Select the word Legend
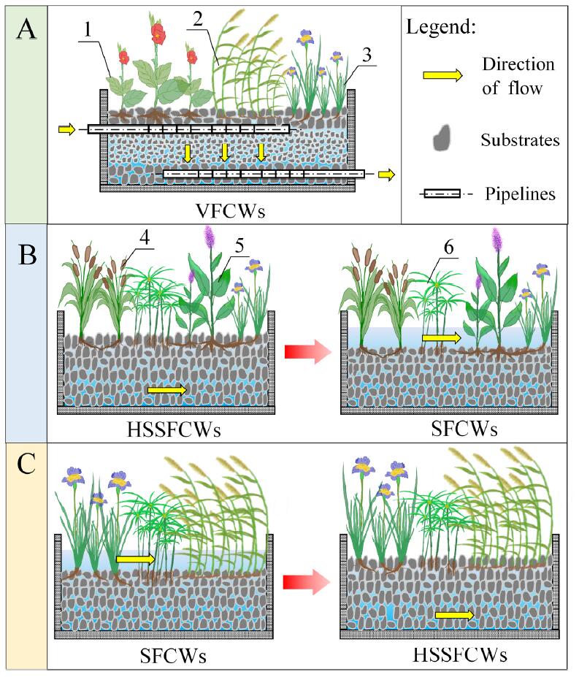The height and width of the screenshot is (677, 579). (440, 28)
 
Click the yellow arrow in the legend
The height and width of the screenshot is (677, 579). (442, 74)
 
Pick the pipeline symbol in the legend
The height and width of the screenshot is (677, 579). (442, 194)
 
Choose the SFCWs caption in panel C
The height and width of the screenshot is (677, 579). (172, 656)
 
